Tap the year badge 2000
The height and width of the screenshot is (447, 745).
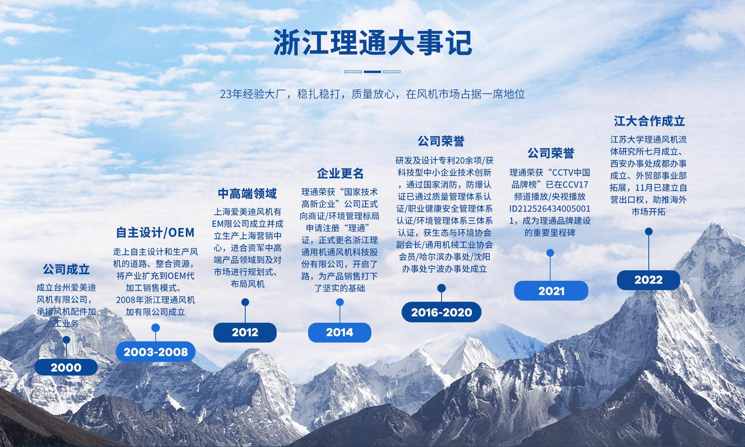tap(66, 367)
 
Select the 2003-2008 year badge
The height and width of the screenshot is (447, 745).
tap(156, 352)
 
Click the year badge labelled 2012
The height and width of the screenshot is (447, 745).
tap(245, 332)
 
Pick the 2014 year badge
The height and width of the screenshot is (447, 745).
tap(340, 332)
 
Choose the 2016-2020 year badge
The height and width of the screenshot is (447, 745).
tap(442, 312)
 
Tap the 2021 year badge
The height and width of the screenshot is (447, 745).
tap(551, 291)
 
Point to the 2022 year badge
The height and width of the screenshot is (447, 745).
tap(648, 280)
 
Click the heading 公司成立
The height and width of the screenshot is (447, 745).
tap(66, 269)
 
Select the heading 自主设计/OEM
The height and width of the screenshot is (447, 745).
tap(155, 233)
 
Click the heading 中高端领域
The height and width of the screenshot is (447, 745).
tap(247, 193)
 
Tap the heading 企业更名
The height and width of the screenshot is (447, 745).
tap(340, 173)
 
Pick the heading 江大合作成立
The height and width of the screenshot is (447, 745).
tap(649, 121)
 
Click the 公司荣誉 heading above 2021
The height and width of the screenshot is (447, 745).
tap(551, 153)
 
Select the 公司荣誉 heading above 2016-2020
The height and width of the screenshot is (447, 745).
tap(441, 141)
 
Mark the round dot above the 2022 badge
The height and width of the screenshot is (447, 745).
tap(648, 232)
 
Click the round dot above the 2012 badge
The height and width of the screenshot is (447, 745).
tap(245, 302)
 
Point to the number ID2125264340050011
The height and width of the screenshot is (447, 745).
tap(549, 214)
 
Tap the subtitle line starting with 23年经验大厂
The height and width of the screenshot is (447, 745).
tap(372, 94)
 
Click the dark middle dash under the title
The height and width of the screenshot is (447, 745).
tap(372, 72)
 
